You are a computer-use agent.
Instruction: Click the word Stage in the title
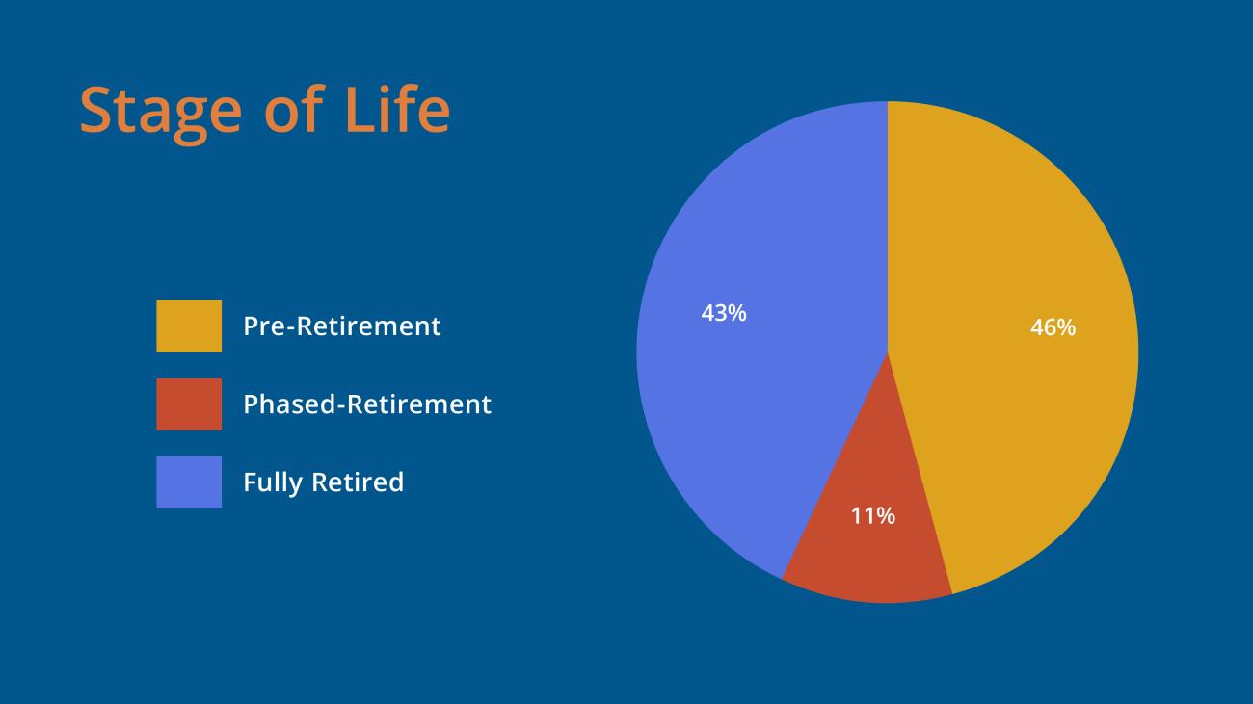pos(160,111)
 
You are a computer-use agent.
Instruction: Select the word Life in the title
pos(397,109)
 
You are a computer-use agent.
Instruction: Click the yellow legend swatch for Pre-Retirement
pos(189,326)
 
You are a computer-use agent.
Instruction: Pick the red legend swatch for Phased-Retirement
pos(189,404)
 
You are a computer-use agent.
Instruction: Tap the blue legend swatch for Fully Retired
pos(189,482)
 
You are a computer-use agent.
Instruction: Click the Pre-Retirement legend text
pos(341,326)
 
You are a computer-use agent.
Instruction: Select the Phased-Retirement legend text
pos(366,404)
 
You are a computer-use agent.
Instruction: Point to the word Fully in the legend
pos(273,482)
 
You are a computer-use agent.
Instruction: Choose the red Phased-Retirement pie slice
pos(872,549)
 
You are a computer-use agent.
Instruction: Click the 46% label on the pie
pos(1053,327)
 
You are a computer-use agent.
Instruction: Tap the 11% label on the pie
pos(872,516)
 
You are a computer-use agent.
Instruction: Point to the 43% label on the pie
pos(724,313)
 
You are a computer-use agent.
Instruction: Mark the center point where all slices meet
pos(887,352)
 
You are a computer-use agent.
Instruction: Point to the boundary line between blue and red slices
pos(834,466)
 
